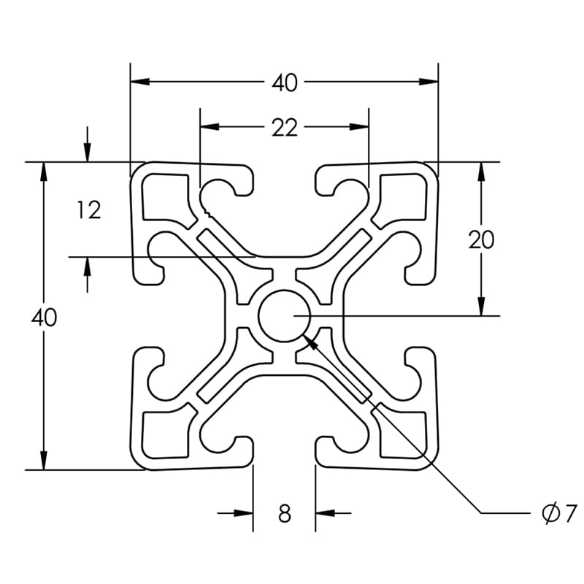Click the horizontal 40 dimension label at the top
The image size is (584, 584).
pyautogui.click(x=285, y=83)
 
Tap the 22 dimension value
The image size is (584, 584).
pyautogui.click(x=285, y=128)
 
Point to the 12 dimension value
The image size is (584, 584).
pyautogui.click(x=88, y=210)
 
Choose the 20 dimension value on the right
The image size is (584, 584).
pyautogui.click(x=481, y=239)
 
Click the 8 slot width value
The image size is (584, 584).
pyautogui.click(x=285, y=514)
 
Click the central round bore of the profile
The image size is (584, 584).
pyautogui.click(x=285, y=315)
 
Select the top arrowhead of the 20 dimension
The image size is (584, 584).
pyautogui.click(x=481, y=170)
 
